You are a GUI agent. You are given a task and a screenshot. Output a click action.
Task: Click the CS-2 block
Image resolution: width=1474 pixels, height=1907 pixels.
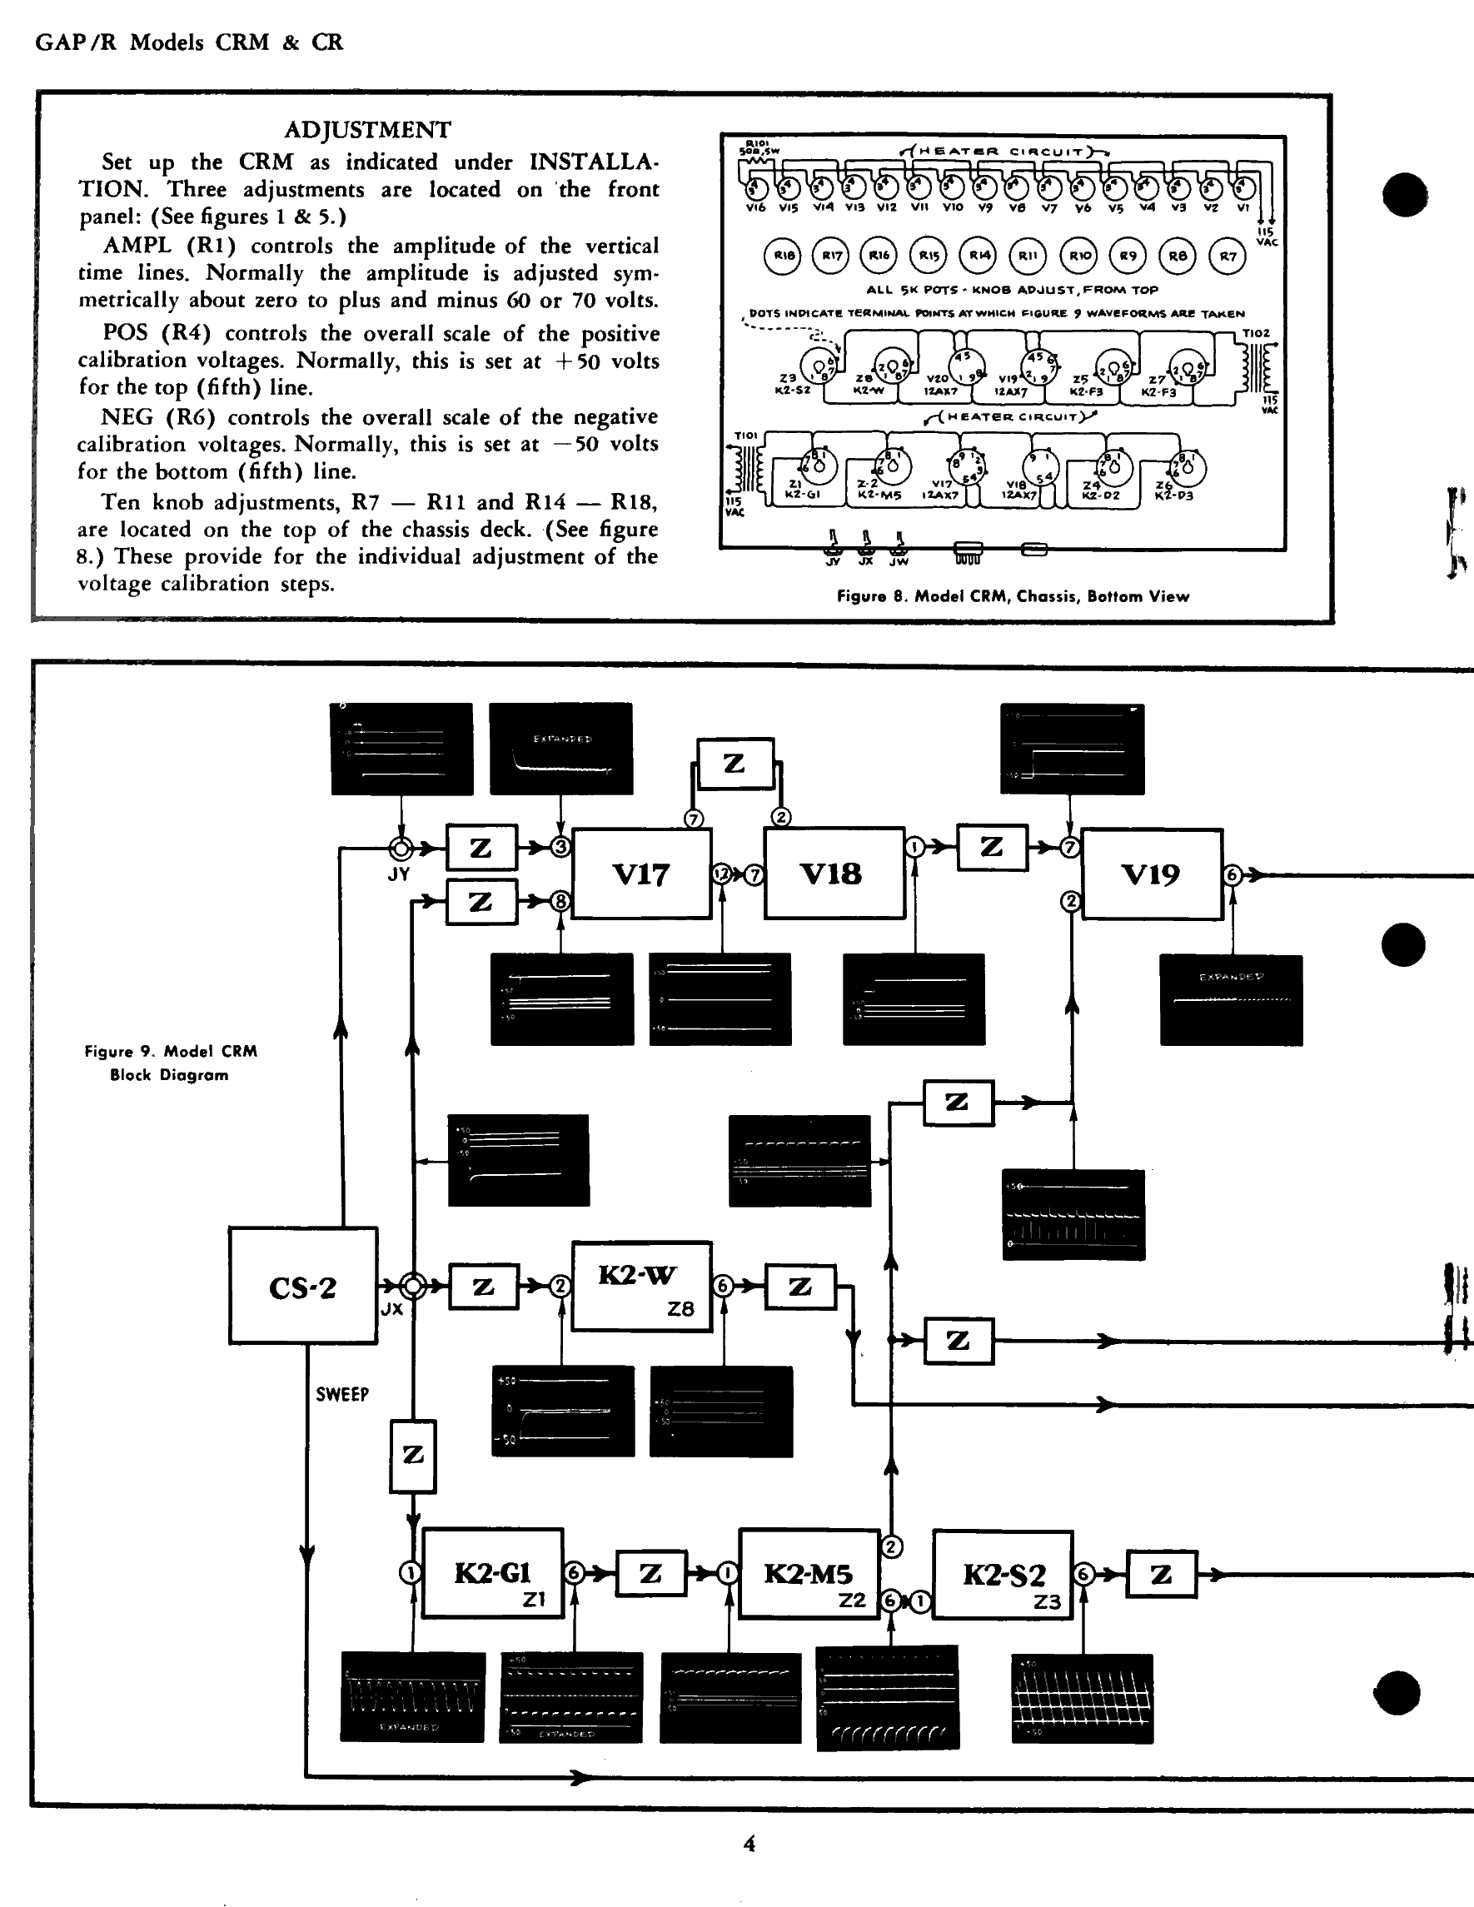click(303, 1284)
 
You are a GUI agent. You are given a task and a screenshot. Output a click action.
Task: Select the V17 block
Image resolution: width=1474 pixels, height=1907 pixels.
click(642, 874)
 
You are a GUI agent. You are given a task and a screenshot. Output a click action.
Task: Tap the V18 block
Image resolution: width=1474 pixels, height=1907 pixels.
click(833, 874)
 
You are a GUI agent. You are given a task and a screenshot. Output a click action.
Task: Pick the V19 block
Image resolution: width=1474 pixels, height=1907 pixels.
click(1151, 874)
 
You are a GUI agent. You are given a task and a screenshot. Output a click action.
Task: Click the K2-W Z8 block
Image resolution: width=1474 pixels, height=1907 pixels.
click(642, 1286)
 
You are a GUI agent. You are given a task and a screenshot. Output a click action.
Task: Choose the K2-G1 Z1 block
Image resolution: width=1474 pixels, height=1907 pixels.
click(493, 1573)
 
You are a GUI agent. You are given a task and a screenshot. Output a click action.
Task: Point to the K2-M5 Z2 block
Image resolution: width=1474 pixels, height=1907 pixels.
click(809, 1573)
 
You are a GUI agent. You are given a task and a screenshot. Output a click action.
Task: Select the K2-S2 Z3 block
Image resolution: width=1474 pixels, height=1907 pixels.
click(1003, 1576)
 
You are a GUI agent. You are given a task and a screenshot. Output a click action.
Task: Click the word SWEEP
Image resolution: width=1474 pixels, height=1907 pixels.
click(342, 1395)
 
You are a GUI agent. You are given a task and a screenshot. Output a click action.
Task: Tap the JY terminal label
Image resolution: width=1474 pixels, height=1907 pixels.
click(398, 874)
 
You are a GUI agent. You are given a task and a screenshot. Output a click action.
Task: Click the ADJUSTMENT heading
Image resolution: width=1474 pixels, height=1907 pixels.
click(367, 130)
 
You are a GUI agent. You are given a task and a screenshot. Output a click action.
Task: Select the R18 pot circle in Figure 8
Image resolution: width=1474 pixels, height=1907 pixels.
click(780, 256)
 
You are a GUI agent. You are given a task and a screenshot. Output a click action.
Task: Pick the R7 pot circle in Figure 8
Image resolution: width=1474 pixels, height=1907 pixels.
click(1228, 256)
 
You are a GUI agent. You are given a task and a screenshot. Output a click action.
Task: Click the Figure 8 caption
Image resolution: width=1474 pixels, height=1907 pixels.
click(1013, 596)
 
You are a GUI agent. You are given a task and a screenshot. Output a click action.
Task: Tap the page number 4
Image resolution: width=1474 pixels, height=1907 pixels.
click(749, 1843)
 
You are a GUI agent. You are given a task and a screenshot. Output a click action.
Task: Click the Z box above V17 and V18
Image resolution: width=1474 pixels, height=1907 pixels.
click(735, 764)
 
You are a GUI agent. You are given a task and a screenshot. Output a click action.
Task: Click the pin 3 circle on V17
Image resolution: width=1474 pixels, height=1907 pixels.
click(561, 847)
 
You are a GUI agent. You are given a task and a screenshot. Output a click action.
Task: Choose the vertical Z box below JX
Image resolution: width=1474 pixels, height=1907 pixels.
click(413, 1456)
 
